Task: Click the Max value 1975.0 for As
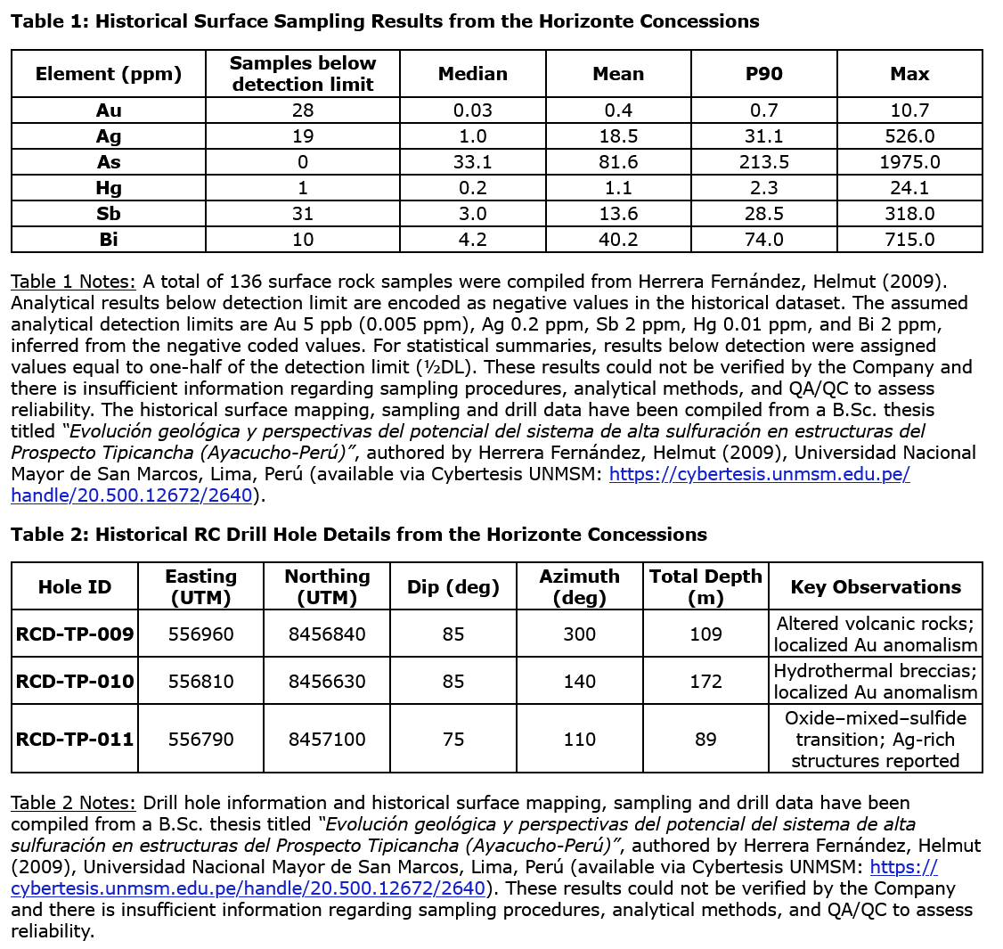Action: pos(909,162)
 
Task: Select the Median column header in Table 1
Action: pos(472,74)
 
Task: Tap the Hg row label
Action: pos(109,188)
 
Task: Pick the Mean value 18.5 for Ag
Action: pos(617,136)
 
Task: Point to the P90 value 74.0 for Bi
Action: pos(763,240)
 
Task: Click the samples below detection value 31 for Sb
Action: pos(302,214)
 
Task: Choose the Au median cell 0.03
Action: pos(472,110)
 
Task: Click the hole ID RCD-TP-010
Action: pos(75,682)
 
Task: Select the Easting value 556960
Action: pos(200,634)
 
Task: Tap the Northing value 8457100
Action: pos(327,739)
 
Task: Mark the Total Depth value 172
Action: pos(705,682)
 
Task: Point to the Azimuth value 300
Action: pos(579,634)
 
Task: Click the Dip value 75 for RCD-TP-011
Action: pos(453,739)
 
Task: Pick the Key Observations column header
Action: pos(875,587)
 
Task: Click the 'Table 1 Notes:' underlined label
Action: pos(73,282)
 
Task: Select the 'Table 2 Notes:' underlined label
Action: pos(73,803)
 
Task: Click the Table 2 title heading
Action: pos(359,535)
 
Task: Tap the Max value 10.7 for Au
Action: pos(909,110)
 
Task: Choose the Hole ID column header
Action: pos(75,587)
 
